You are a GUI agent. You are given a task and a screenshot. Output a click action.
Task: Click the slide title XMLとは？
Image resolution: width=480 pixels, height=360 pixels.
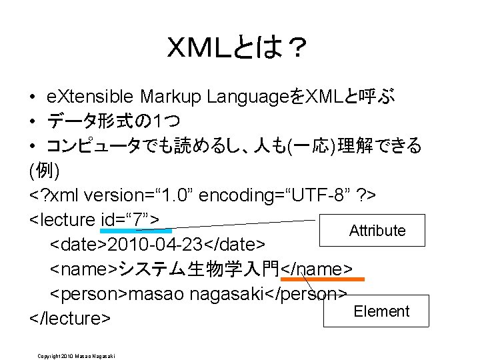238,50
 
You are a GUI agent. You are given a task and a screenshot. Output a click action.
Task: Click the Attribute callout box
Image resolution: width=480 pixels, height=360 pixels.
377,231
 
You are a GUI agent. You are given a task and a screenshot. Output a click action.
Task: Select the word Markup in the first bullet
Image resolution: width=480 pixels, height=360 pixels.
170,97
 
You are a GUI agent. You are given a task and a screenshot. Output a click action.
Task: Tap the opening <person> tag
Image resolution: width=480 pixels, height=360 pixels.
89,294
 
